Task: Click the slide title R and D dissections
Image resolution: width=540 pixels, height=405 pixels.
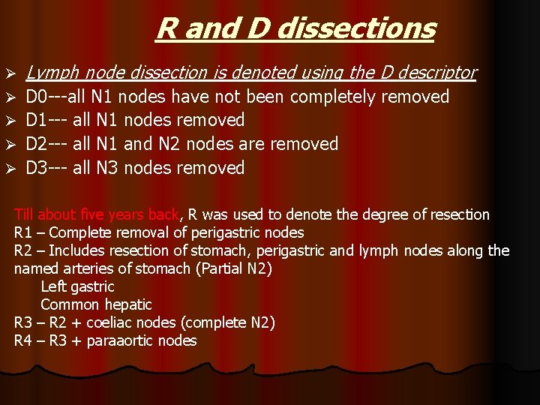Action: [295, 28]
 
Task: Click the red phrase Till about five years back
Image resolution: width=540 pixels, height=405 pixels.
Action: [97, 215]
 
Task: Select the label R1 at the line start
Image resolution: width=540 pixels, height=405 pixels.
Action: [22, 233]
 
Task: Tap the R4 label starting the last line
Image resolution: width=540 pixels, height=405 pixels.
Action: [22, 341]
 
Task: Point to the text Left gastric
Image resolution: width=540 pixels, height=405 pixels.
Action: [77, 286]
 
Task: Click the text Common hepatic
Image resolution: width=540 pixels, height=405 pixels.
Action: [96, 304]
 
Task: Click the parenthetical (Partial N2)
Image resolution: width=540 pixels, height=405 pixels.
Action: [237, 268]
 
